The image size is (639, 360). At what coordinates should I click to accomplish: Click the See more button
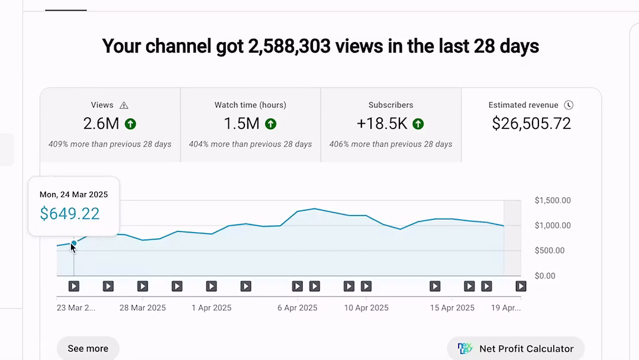point(88,348)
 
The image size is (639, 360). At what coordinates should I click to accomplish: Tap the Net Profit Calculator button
point(516,348)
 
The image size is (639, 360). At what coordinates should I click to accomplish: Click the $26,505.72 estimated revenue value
point(531,123)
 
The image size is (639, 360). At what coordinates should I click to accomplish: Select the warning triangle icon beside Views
point(124,105)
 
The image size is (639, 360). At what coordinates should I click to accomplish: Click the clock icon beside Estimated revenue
point(569,105)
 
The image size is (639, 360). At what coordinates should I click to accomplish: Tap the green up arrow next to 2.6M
point(131,124)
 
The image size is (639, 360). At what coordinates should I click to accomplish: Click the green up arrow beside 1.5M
point(270,124)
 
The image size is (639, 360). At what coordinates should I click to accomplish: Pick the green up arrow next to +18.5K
point(418,124)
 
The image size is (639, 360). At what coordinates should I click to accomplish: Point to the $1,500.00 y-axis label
point(553,201)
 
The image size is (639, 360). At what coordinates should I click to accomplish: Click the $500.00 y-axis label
point(550,250)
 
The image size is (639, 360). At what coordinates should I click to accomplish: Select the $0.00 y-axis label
point(545,276)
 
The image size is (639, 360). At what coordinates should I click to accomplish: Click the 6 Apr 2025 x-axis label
point(297,308)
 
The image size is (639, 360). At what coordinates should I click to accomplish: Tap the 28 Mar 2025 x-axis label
point(143,308)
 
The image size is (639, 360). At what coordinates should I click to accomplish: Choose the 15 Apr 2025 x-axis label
point(452,308)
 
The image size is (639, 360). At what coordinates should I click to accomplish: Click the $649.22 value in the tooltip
point(70,213)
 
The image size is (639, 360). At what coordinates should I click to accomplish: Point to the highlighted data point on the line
point(74,243)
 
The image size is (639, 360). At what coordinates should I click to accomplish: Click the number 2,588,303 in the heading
point(289,46)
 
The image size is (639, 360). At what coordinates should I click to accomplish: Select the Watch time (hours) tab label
point(250,105)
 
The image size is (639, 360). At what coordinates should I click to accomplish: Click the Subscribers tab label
point(390,105)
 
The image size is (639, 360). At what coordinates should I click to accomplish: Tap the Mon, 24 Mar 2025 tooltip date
point(74,194)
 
